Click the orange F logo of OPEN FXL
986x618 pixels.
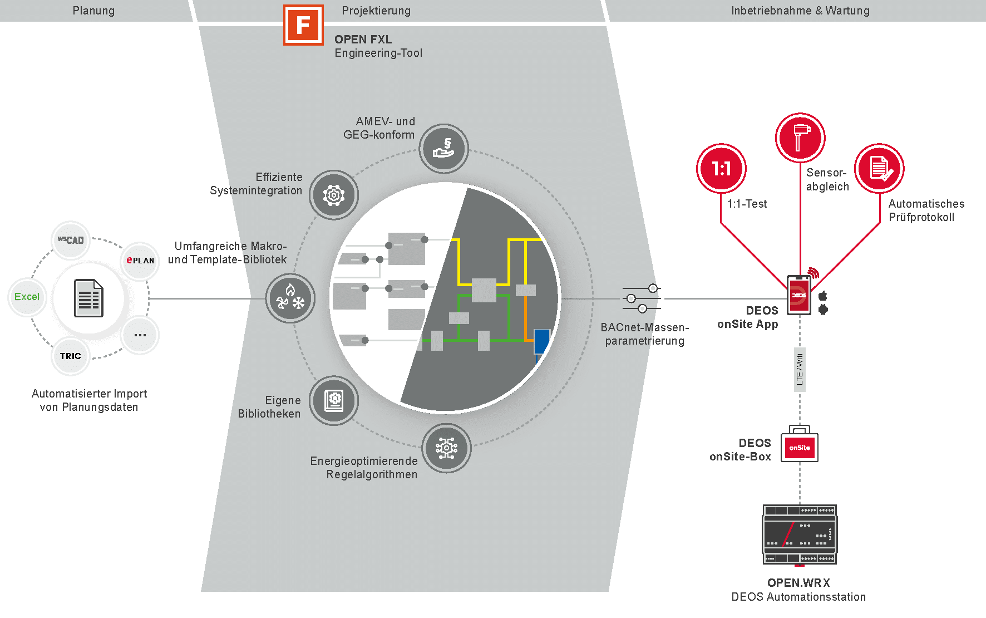[303, 25]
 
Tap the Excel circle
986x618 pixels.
[27, 297]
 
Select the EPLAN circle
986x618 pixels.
[140, 260]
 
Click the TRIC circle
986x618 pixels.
[71, 356]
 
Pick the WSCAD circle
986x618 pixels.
[71, 240]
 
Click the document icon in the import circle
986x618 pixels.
[89, 298]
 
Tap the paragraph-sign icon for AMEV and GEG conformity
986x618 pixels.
[443, 149]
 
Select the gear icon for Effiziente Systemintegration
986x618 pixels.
[334, 195]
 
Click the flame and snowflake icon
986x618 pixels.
[290, 298]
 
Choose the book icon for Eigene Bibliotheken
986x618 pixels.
[334, 400]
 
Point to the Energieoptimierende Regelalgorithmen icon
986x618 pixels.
[446, 448]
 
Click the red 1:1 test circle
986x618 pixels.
[721, 168]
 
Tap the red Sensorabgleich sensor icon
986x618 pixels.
[800, 138]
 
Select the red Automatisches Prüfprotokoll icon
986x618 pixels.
[880, 168]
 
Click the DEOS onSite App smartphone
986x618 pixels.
[799, 295]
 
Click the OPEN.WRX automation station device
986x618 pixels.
[800, 535]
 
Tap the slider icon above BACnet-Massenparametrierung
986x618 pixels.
[642, 298]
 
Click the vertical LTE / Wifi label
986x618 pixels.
[800, 369]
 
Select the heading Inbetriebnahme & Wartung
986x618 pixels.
[800, 11]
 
